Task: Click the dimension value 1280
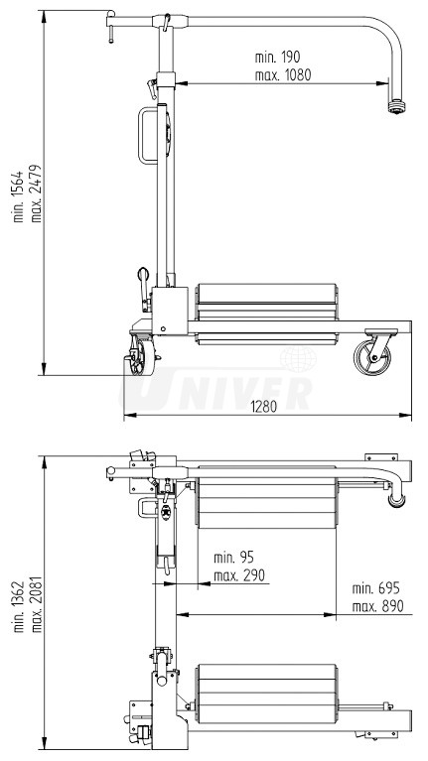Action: (264, 406)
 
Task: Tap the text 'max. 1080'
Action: (283, 75)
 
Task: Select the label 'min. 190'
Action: (277, 57)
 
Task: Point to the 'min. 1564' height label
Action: (19, 196)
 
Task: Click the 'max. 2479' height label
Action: (37, 193)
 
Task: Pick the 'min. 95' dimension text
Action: (233, 558)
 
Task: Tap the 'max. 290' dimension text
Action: (239, 575)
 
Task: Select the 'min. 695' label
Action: (375, 588)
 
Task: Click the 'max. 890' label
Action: (378, 606)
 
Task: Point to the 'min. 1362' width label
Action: (19, 606)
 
